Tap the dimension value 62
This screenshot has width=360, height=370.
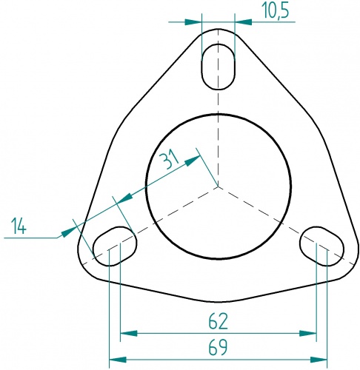click(218, 322)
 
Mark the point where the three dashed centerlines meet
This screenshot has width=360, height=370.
click(218, 186)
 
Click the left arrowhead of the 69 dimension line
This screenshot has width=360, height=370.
click(115, 360)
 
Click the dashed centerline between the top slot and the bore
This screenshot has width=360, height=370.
click(219, 104)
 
